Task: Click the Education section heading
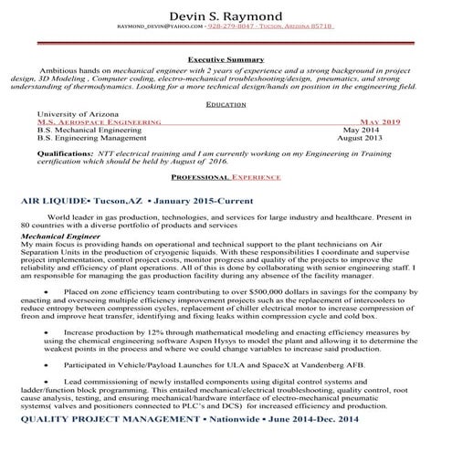[x=226, y=105]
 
